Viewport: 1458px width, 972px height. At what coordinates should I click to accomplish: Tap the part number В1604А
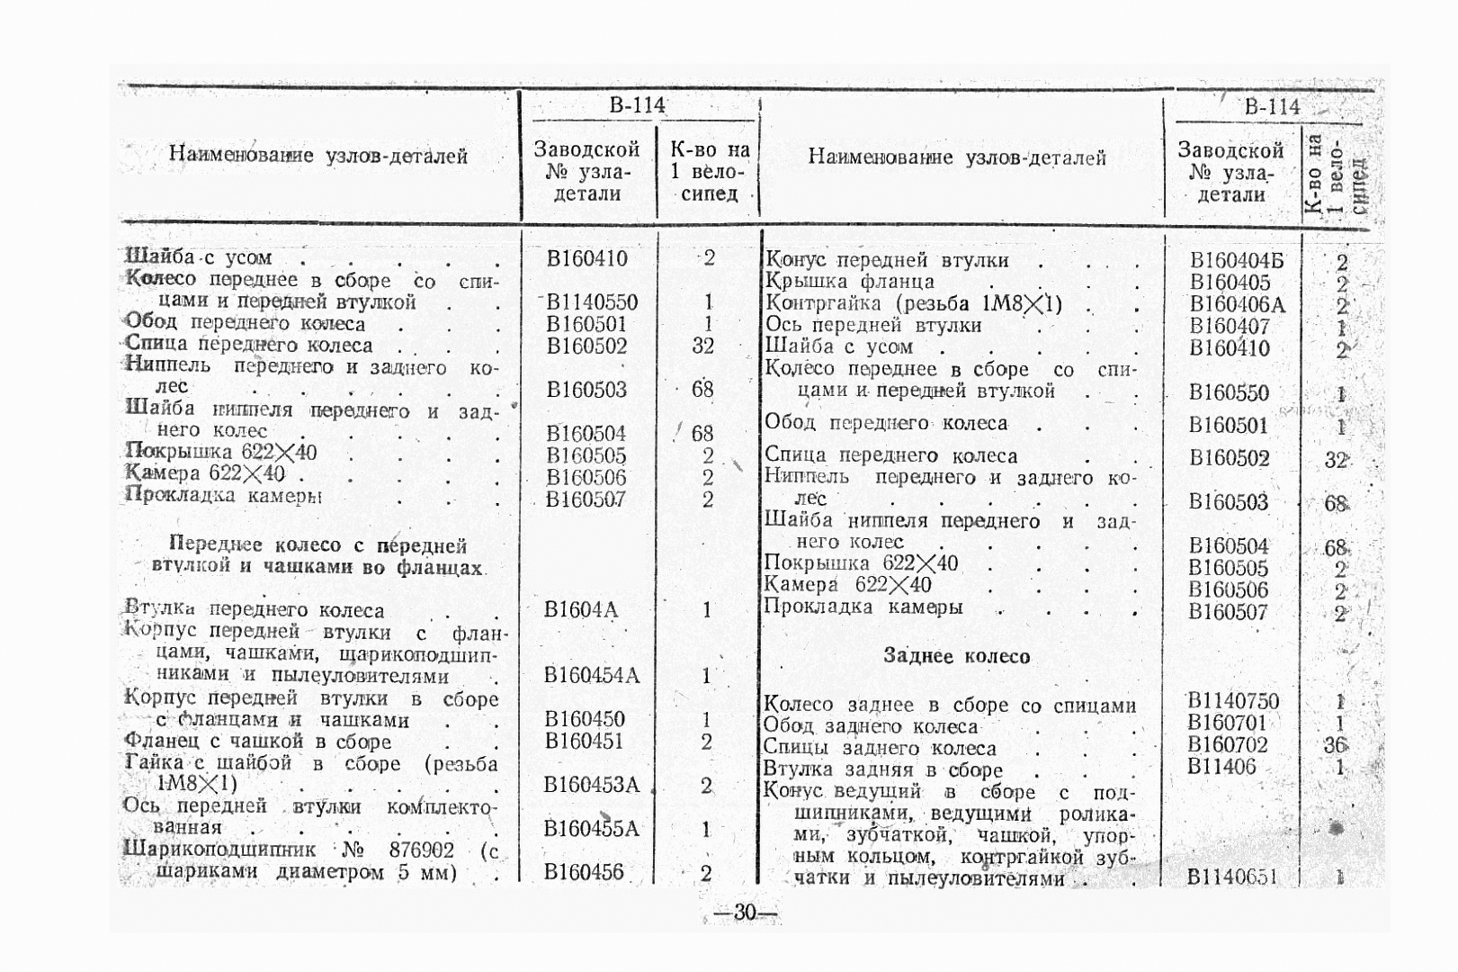point(581,610)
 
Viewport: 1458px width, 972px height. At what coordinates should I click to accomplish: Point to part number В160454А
point(592,675)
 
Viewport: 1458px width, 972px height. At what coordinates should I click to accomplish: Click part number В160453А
point(591,785)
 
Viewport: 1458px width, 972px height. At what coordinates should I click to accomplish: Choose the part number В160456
point(584,871)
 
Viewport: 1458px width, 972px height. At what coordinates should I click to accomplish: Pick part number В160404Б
point(1237,261)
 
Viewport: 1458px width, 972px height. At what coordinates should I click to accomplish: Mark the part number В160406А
point(1237,305)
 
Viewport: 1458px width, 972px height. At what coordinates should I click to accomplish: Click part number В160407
point(1230,327)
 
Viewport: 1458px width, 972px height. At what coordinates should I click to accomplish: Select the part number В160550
point(1229,392)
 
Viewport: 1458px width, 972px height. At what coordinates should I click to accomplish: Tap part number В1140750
point(1233,701)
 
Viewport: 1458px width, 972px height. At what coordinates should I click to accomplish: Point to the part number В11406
point(1221,767)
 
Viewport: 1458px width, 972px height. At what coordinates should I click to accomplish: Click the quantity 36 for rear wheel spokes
point(1335,745)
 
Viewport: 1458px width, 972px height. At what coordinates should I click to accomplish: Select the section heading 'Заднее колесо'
point(956,656)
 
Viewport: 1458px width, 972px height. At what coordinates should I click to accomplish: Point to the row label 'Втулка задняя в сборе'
point(882,769)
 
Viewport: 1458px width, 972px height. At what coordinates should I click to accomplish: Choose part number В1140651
point(1232,877)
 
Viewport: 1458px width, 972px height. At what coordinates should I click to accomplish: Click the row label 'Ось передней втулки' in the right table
point(872,325)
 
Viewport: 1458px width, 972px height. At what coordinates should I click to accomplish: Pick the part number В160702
point(1228,744)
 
